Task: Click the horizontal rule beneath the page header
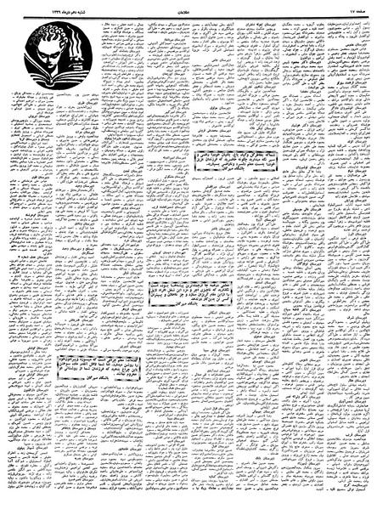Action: (188, 14)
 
